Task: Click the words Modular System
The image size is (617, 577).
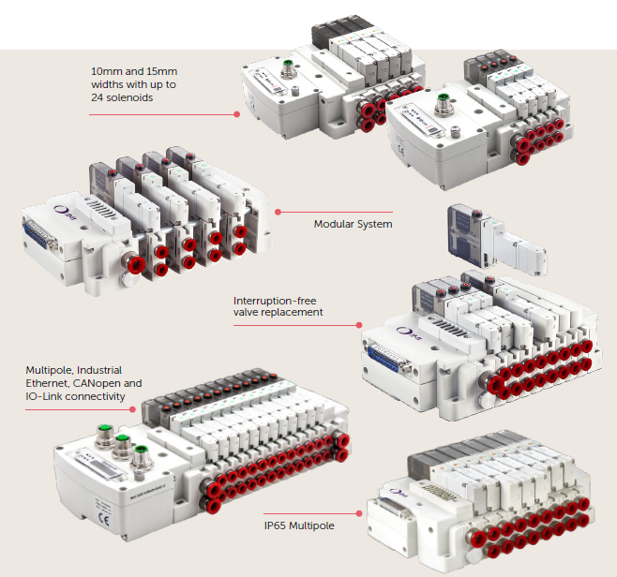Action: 353,224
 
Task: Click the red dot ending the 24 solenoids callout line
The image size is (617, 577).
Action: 237,114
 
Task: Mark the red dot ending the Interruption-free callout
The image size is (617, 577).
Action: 359,325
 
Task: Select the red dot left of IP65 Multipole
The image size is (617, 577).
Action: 361,513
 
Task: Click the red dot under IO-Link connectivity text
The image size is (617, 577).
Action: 133,408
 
